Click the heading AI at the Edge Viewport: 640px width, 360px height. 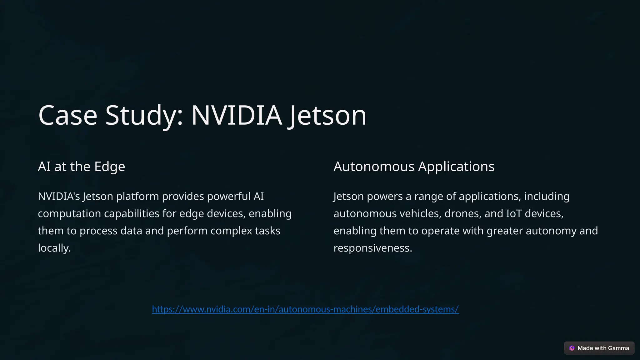click(x=81, y=166)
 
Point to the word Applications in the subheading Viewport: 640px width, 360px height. click(x=456, y=166)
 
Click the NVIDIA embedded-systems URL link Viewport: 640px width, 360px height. click(x=305, y=309)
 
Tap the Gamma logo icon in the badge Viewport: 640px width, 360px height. click(x=572, y=348)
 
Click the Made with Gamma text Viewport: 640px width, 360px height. click(x=603, y=348)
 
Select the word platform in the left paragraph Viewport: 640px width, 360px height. click(x=137, y=197)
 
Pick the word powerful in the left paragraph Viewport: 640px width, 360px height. click(x=229, y=197)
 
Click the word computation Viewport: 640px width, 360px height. click(x=69, y=214)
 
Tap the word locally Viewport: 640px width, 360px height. click(x=54, y=248)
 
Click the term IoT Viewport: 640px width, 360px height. click(x=514, y=214)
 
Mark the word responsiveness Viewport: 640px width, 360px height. click(x=372, y=248)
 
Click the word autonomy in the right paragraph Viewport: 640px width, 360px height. click(x=551, y=231)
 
